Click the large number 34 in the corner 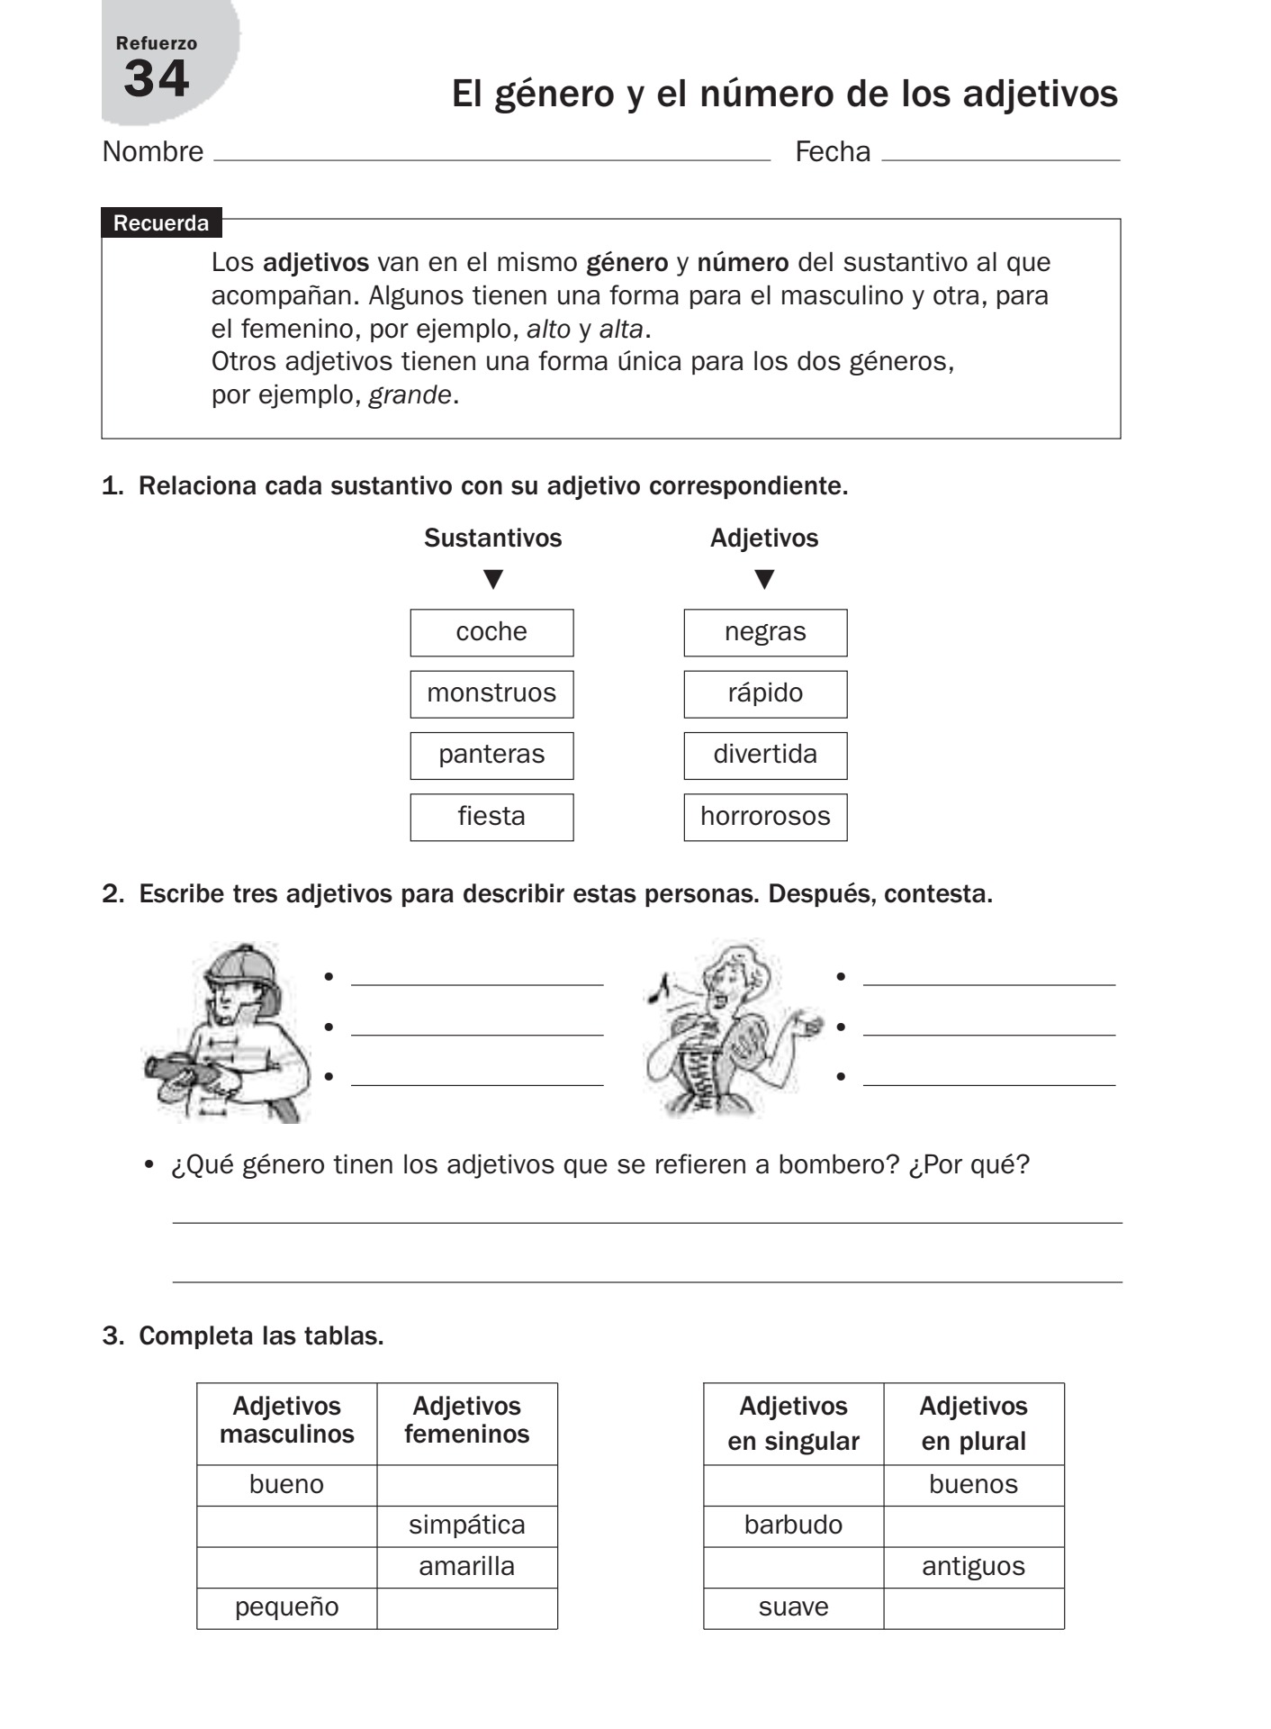point(157,78)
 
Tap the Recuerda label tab point(161,223)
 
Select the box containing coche point(491,632)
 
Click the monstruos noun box point(491,693)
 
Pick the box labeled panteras point(491,755)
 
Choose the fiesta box point(491,817)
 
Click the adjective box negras point(765,632)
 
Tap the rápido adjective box point(765,693)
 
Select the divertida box point(765,755)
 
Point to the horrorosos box point(765,817)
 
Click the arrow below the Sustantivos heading point(493,579)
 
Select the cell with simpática point(466,1525)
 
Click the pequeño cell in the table point(286,1607)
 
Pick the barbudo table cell point(793,1525)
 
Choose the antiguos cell point(973,1567)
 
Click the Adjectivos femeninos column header point(466,1420)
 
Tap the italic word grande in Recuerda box point(410,395)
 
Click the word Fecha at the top point(833,152)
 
